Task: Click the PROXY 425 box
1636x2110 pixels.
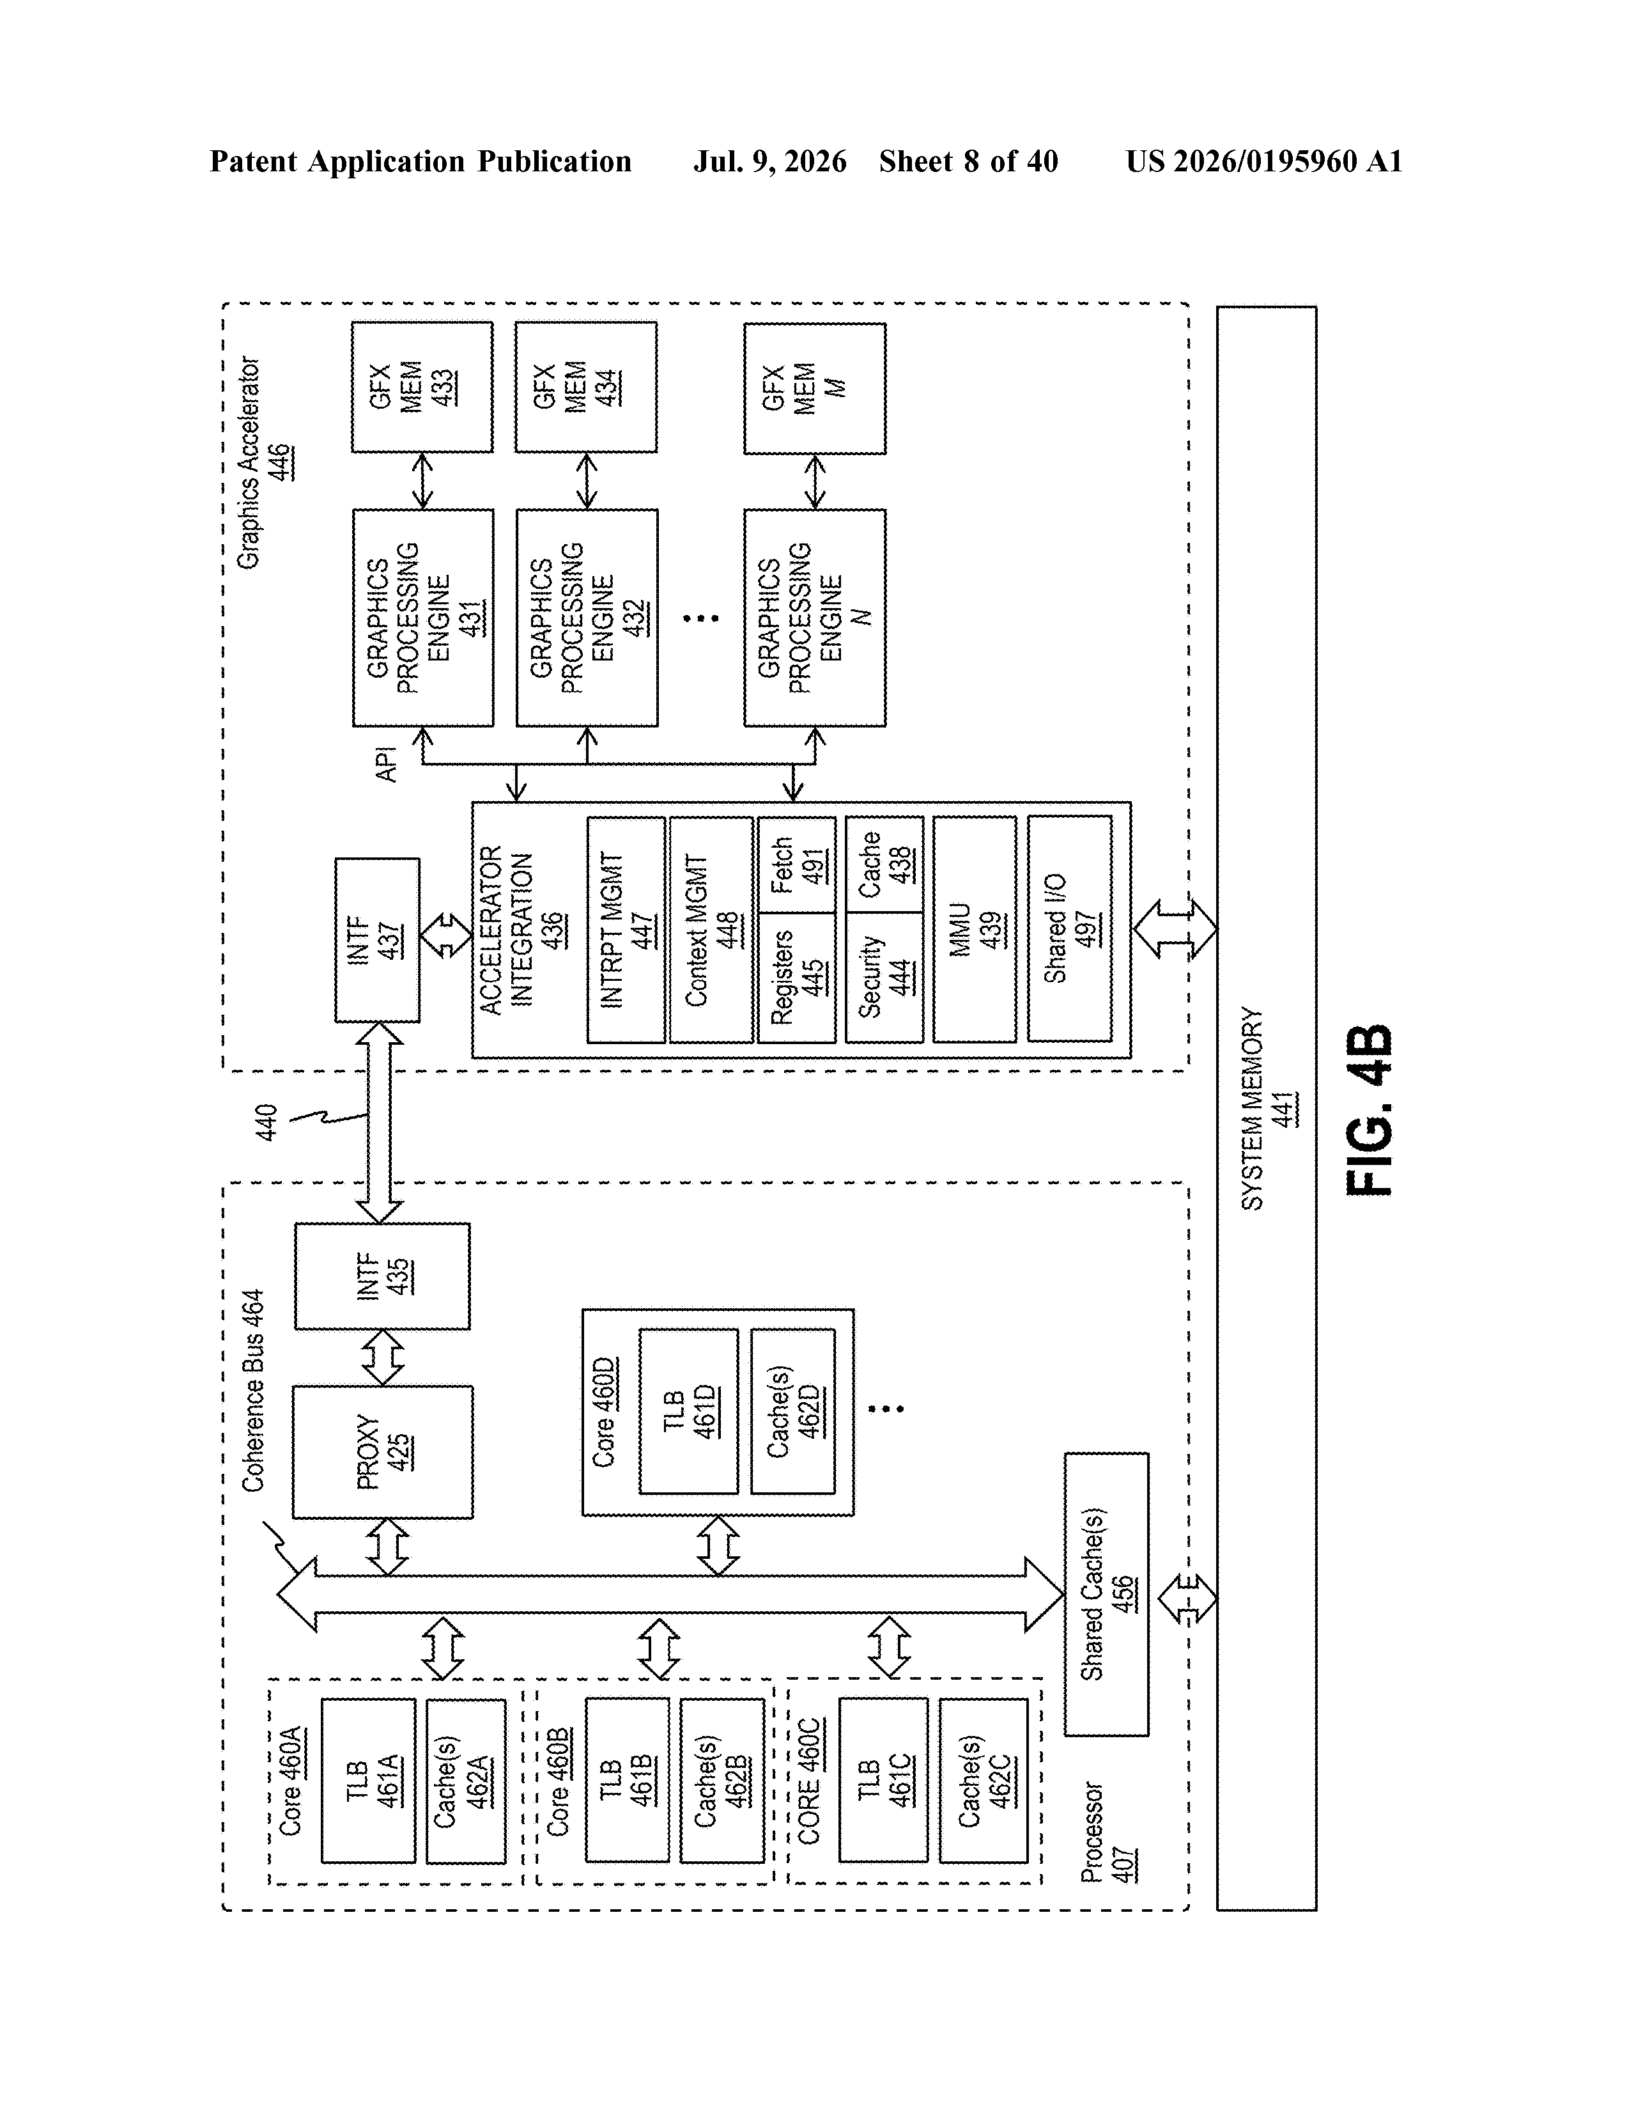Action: pyautogui.click(x=382, y=1452)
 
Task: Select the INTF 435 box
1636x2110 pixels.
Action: pyautogui.click(x=382, y=1276)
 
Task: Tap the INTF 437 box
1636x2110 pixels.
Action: pyautogui.click(x=376, y=940)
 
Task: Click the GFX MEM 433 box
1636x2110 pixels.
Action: pyautogui.click(x=422, y=387)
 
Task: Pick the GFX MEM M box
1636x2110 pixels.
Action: pyautogui.click(x=814, y=388)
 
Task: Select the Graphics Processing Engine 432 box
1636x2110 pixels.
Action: pyautogui.click(x=587, y=618)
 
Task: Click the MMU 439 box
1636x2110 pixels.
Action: pyautogui.click(x=975, y=930)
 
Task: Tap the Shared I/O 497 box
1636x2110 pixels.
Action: pyautogui.click(x=1070, y=930)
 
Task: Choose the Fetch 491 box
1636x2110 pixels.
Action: pyautogui.click(x=797, y=864)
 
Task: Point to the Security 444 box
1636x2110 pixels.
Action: pyautogui.click(x=884, y=978)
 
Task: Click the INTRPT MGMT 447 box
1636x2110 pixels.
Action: pyautogui.click(x=626, y=930)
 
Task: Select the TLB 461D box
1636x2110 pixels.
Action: pyautogui.click(x=688, y=1412)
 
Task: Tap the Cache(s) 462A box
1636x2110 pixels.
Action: pyautogui.click(x=465, y=1781)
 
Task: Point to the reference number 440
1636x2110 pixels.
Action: pyautogui.click(x=266, y=1123)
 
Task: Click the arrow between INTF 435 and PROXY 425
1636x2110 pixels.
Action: pyautogui.click(x=382, y=1358)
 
